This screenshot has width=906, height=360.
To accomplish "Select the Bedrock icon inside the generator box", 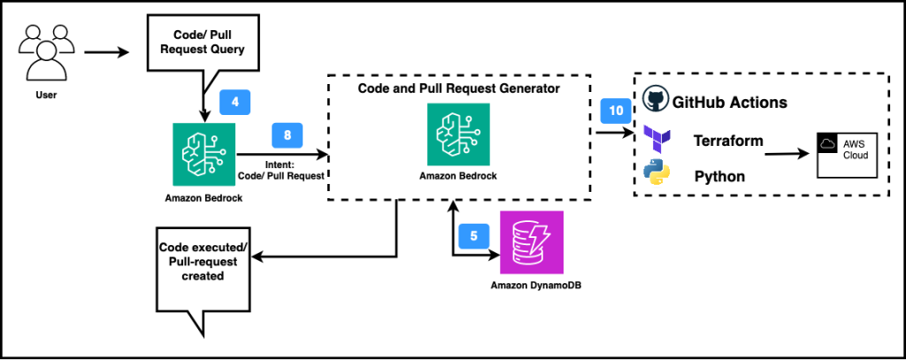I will pyautogui.click(x=457, y=134).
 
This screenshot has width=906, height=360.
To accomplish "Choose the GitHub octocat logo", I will pyautogui.click(x=655, y=100).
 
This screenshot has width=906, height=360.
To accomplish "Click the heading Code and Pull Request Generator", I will pyautogui.click(x=457, y=89).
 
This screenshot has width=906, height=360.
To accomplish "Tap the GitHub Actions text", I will pyautogui.click(x=730, y=103).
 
